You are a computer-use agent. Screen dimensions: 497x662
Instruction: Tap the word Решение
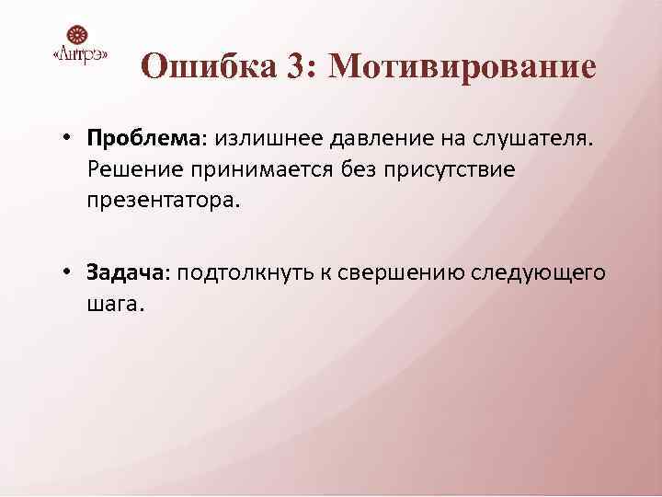[139, 169]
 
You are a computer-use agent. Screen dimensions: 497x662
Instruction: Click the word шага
[115, 304]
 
